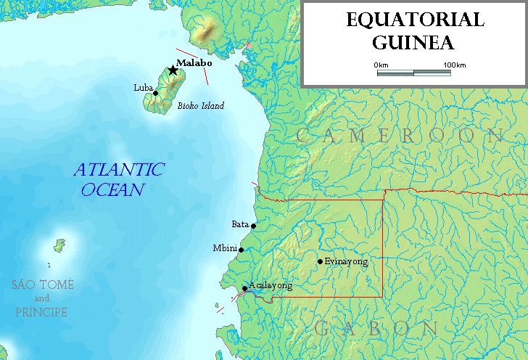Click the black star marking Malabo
tap(173, 70)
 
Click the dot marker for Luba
tap(155, 93)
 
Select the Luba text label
tap(143, 88)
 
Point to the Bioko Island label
tap(201, 106)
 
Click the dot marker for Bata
tap(254, 226)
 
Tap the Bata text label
tap(240, 224)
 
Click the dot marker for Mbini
tap(242, 250)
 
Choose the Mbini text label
tap(225, 248)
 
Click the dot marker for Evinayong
tap(320, 261)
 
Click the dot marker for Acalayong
tap(244, 288)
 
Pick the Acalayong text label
tap(271, 286)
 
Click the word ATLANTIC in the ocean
tap(120, 170)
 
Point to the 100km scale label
tap(454, 65)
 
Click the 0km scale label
tap(381, 65)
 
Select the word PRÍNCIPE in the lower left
tap(41, 312)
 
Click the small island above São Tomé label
tap(60, 245)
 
